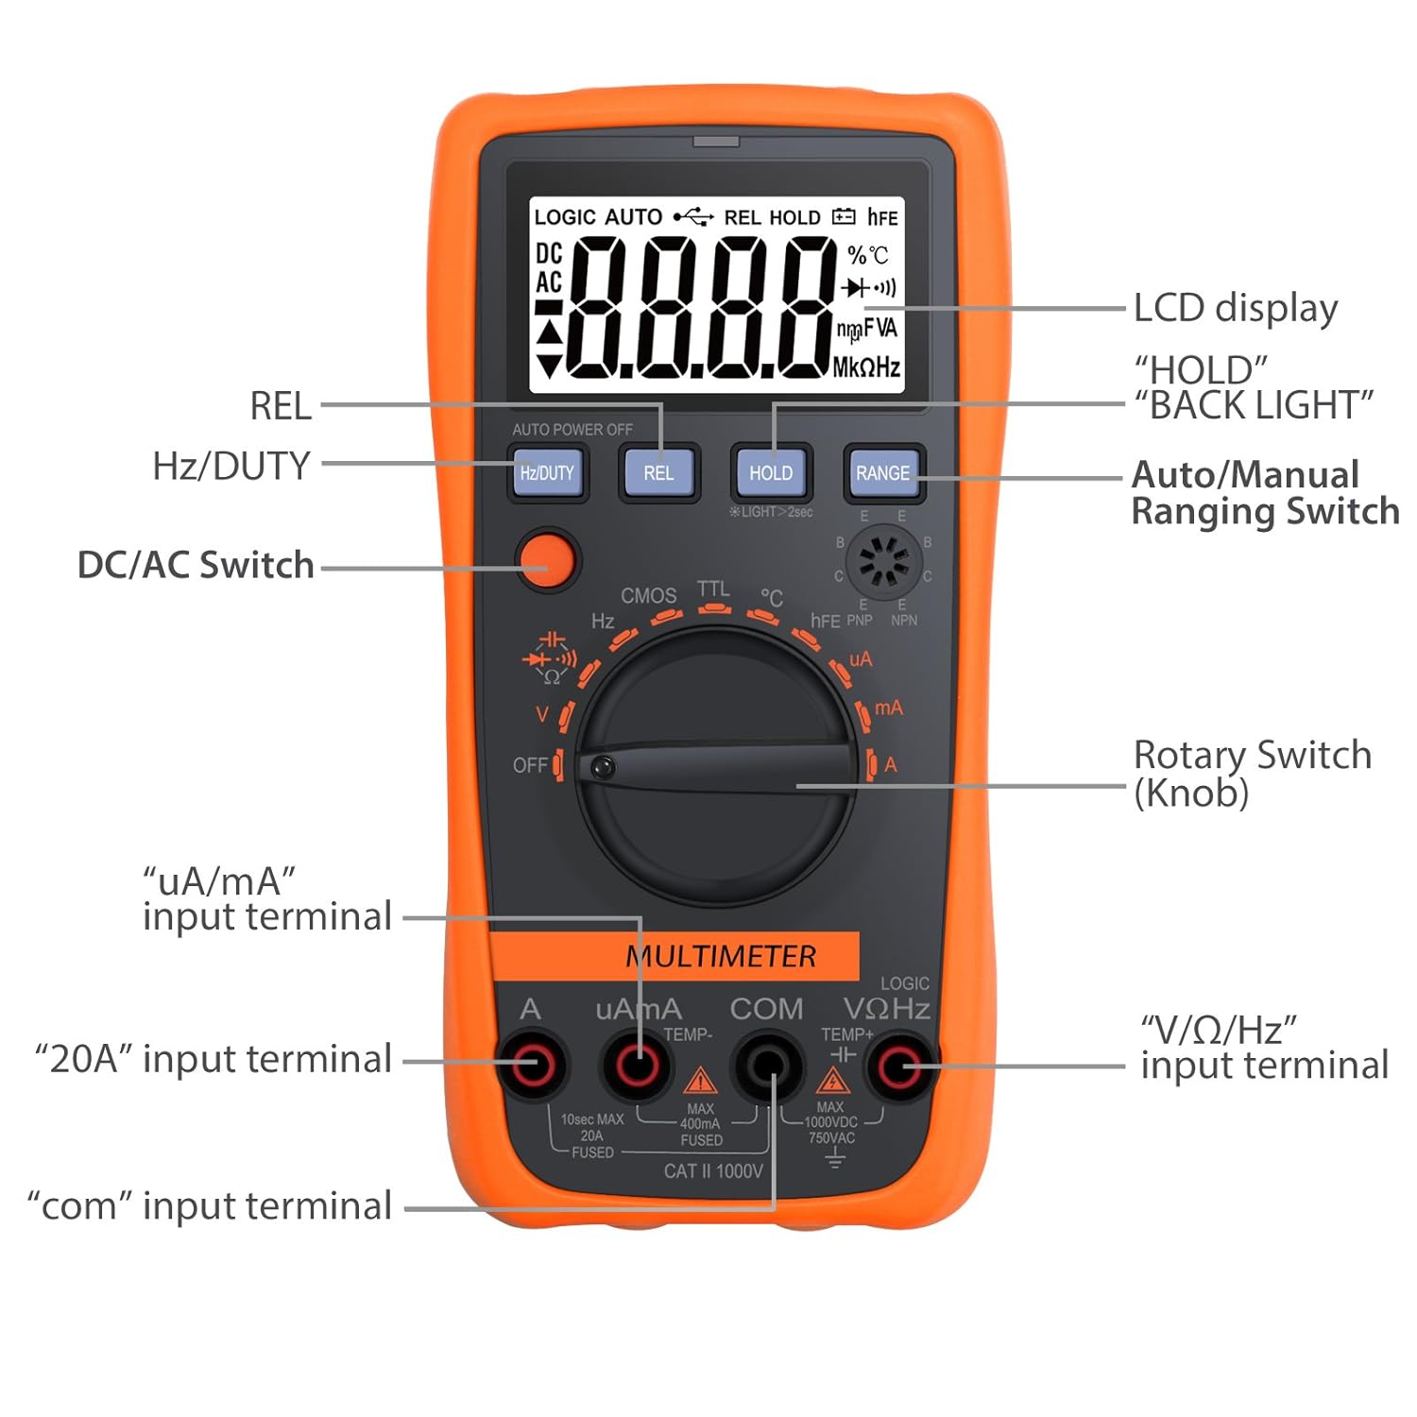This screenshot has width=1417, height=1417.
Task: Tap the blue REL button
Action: (x=658, y=472)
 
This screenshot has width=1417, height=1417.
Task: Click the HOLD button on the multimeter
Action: (x=771, y=472)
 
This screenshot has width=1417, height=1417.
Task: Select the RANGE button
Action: (x=882, y=472)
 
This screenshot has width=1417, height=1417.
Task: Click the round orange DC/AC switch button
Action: (x=548, y=559)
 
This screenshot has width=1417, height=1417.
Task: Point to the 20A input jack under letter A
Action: (x=531, y=1066)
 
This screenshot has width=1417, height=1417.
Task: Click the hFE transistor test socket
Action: (x=883, y=561)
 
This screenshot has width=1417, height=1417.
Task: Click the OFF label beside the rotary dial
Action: (x=529, y=764)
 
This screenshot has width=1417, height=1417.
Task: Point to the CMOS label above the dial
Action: (x=648, y=595)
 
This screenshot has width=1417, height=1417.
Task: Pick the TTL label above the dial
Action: (x=713, y=589)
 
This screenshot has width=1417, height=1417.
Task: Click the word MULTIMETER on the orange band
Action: (x=721, y=956)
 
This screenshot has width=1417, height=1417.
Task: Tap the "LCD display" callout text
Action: (x=1236, y=308)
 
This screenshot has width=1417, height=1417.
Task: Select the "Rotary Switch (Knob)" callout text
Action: (x=1252, y=773)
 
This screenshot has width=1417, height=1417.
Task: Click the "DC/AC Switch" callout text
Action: (x=196, y=565)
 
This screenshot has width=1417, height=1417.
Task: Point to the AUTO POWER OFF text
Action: (x=572, y=429)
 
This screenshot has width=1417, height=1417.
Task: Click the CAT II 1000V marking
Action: (x=713, y=1171)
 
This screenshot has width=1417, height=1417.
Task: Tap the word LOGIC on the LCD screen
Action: (x=565, y=217)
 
